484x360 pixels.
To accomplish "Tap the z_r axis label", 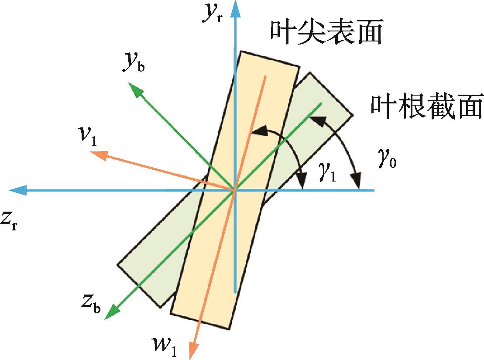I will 10,220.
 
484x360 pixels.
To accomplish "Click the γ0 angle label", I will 388,162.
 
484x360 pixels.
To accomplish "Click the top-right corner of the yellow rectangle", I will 300,66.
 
